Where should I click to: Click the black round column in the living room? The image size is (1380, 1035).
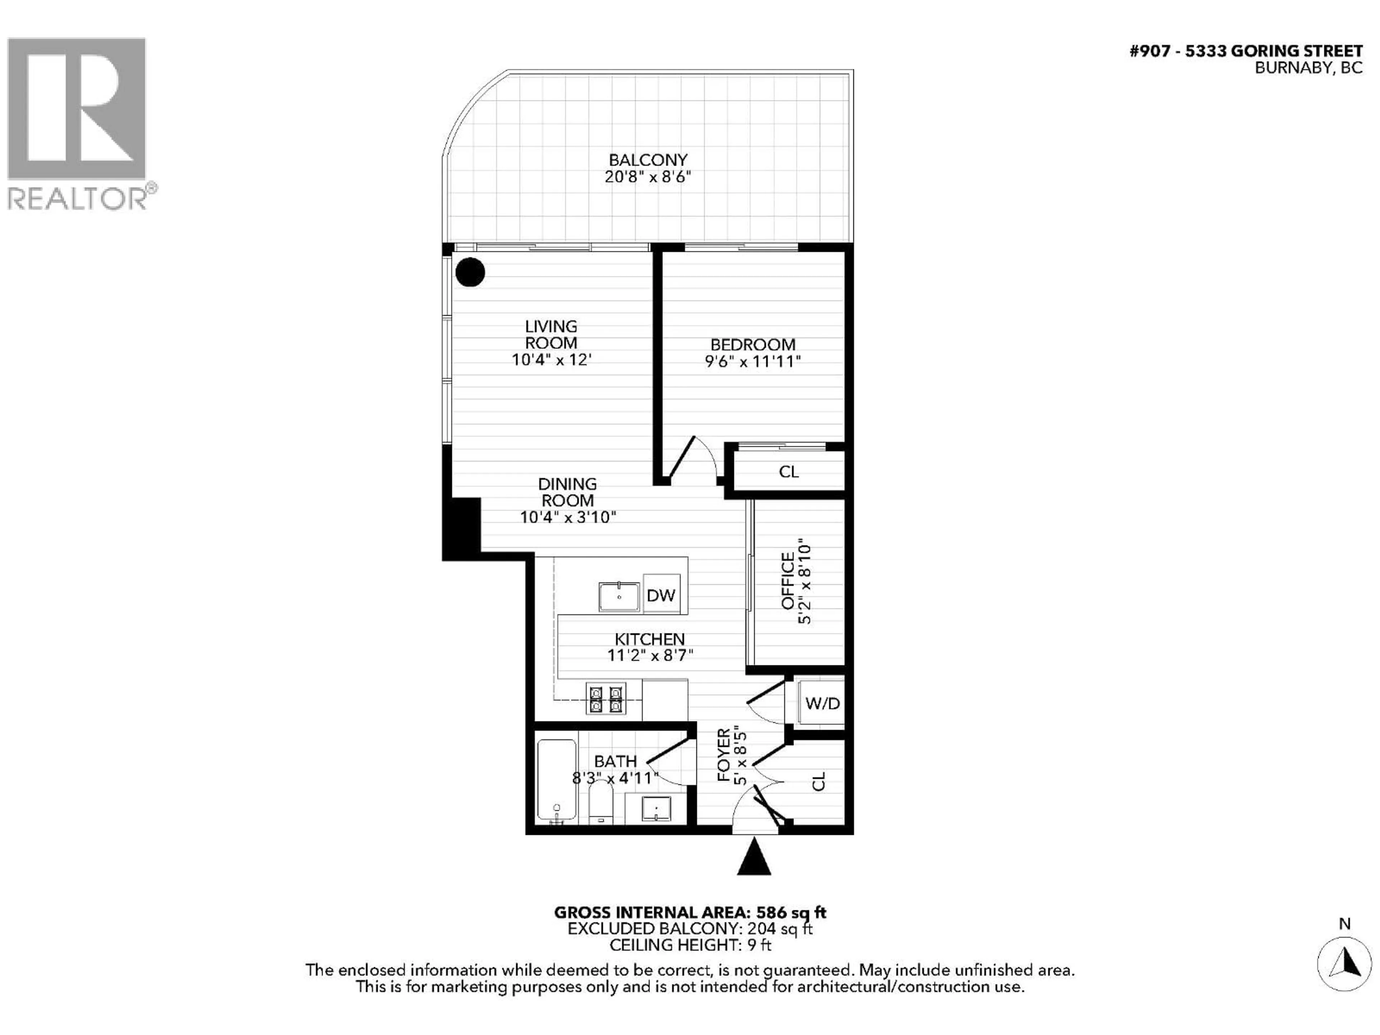[x=470, y=272]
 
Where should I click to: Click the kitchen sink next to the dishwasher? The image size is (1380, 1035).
[x=619, y=597]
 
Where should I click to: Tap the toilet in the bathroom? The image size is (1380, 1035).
[x=601, y=802]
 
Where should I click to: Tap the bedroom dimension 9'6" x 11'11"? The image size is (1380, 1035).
[x=753, y=361]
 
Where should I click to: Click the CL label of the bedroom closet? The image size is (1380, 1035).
[x=788, y=471]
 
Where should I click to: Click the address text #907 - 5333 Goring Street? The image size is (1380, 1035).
[x=1246, y=51]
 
